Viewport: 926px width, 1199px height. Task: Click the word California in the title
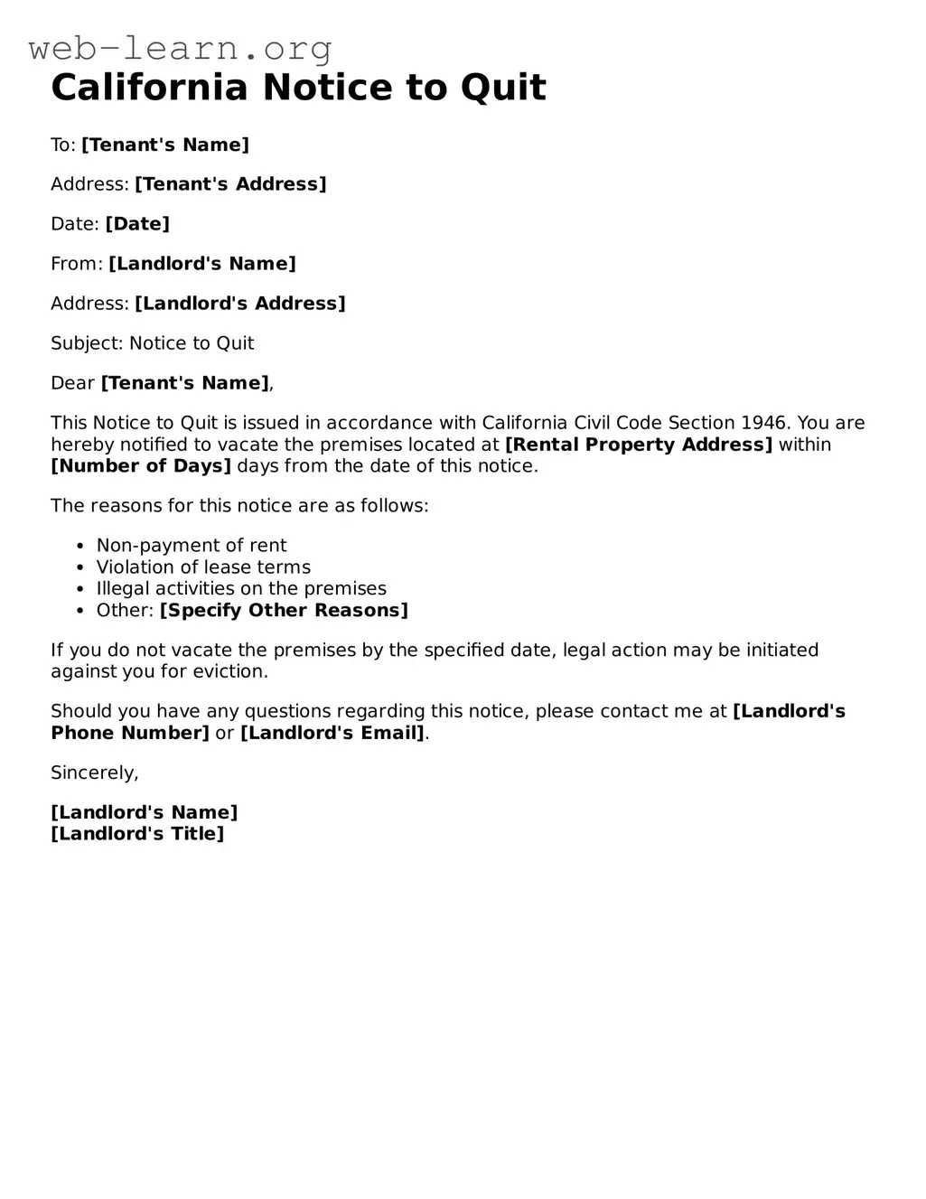149,88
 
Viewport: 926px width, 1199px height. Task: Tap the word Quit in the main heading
503,88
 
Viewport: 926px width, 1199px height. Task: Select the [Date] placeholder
137,224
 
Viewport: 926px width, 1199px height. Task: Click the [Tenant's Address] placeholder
230,184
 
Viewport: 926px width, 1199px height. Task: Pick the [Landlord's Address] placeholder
240,304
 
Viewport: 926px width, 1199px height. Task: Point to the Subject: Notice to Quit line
152,343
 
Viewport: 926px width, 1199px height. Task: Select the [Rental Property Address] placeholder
639,445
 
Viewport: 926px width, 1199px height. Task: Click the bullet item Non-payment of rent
192,546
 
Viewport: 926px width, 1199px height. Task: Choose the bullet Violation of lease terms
203,567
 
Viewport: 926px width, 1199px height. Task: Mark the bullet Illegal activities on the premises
241,589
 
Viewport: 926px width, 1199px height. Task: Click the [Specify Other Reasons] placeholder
284,611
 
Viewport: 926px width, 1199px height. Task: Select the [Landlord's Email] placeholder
332,734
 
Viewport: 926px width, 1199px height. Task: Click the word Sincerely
94,773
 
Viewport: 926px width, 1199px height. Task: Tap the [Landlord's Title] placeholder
137,834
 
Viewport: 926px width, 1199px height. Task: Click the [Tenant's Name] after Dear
184,383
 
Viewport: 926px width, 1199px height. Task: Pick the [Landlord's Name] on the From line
202,264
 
